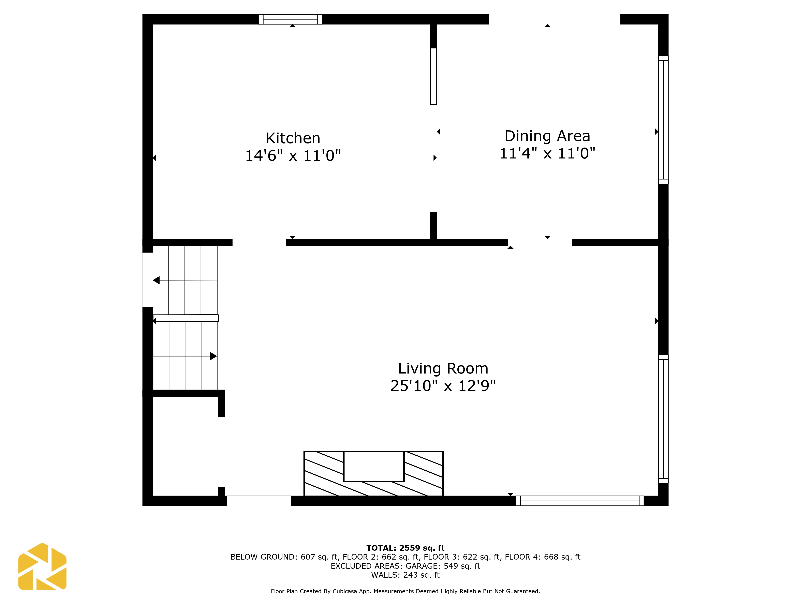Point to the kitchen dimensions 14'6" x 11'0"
point(293,156)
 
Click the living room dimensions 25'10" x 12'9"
point(443,386)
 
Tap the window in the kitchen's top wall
point(290,19)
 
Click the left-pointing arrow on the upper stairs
point(157,280)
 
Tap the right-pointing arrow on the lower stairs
point(213,356)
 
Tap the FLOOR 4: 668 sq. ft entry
point(542,557)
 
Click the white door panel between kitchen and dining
point(433,76)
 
